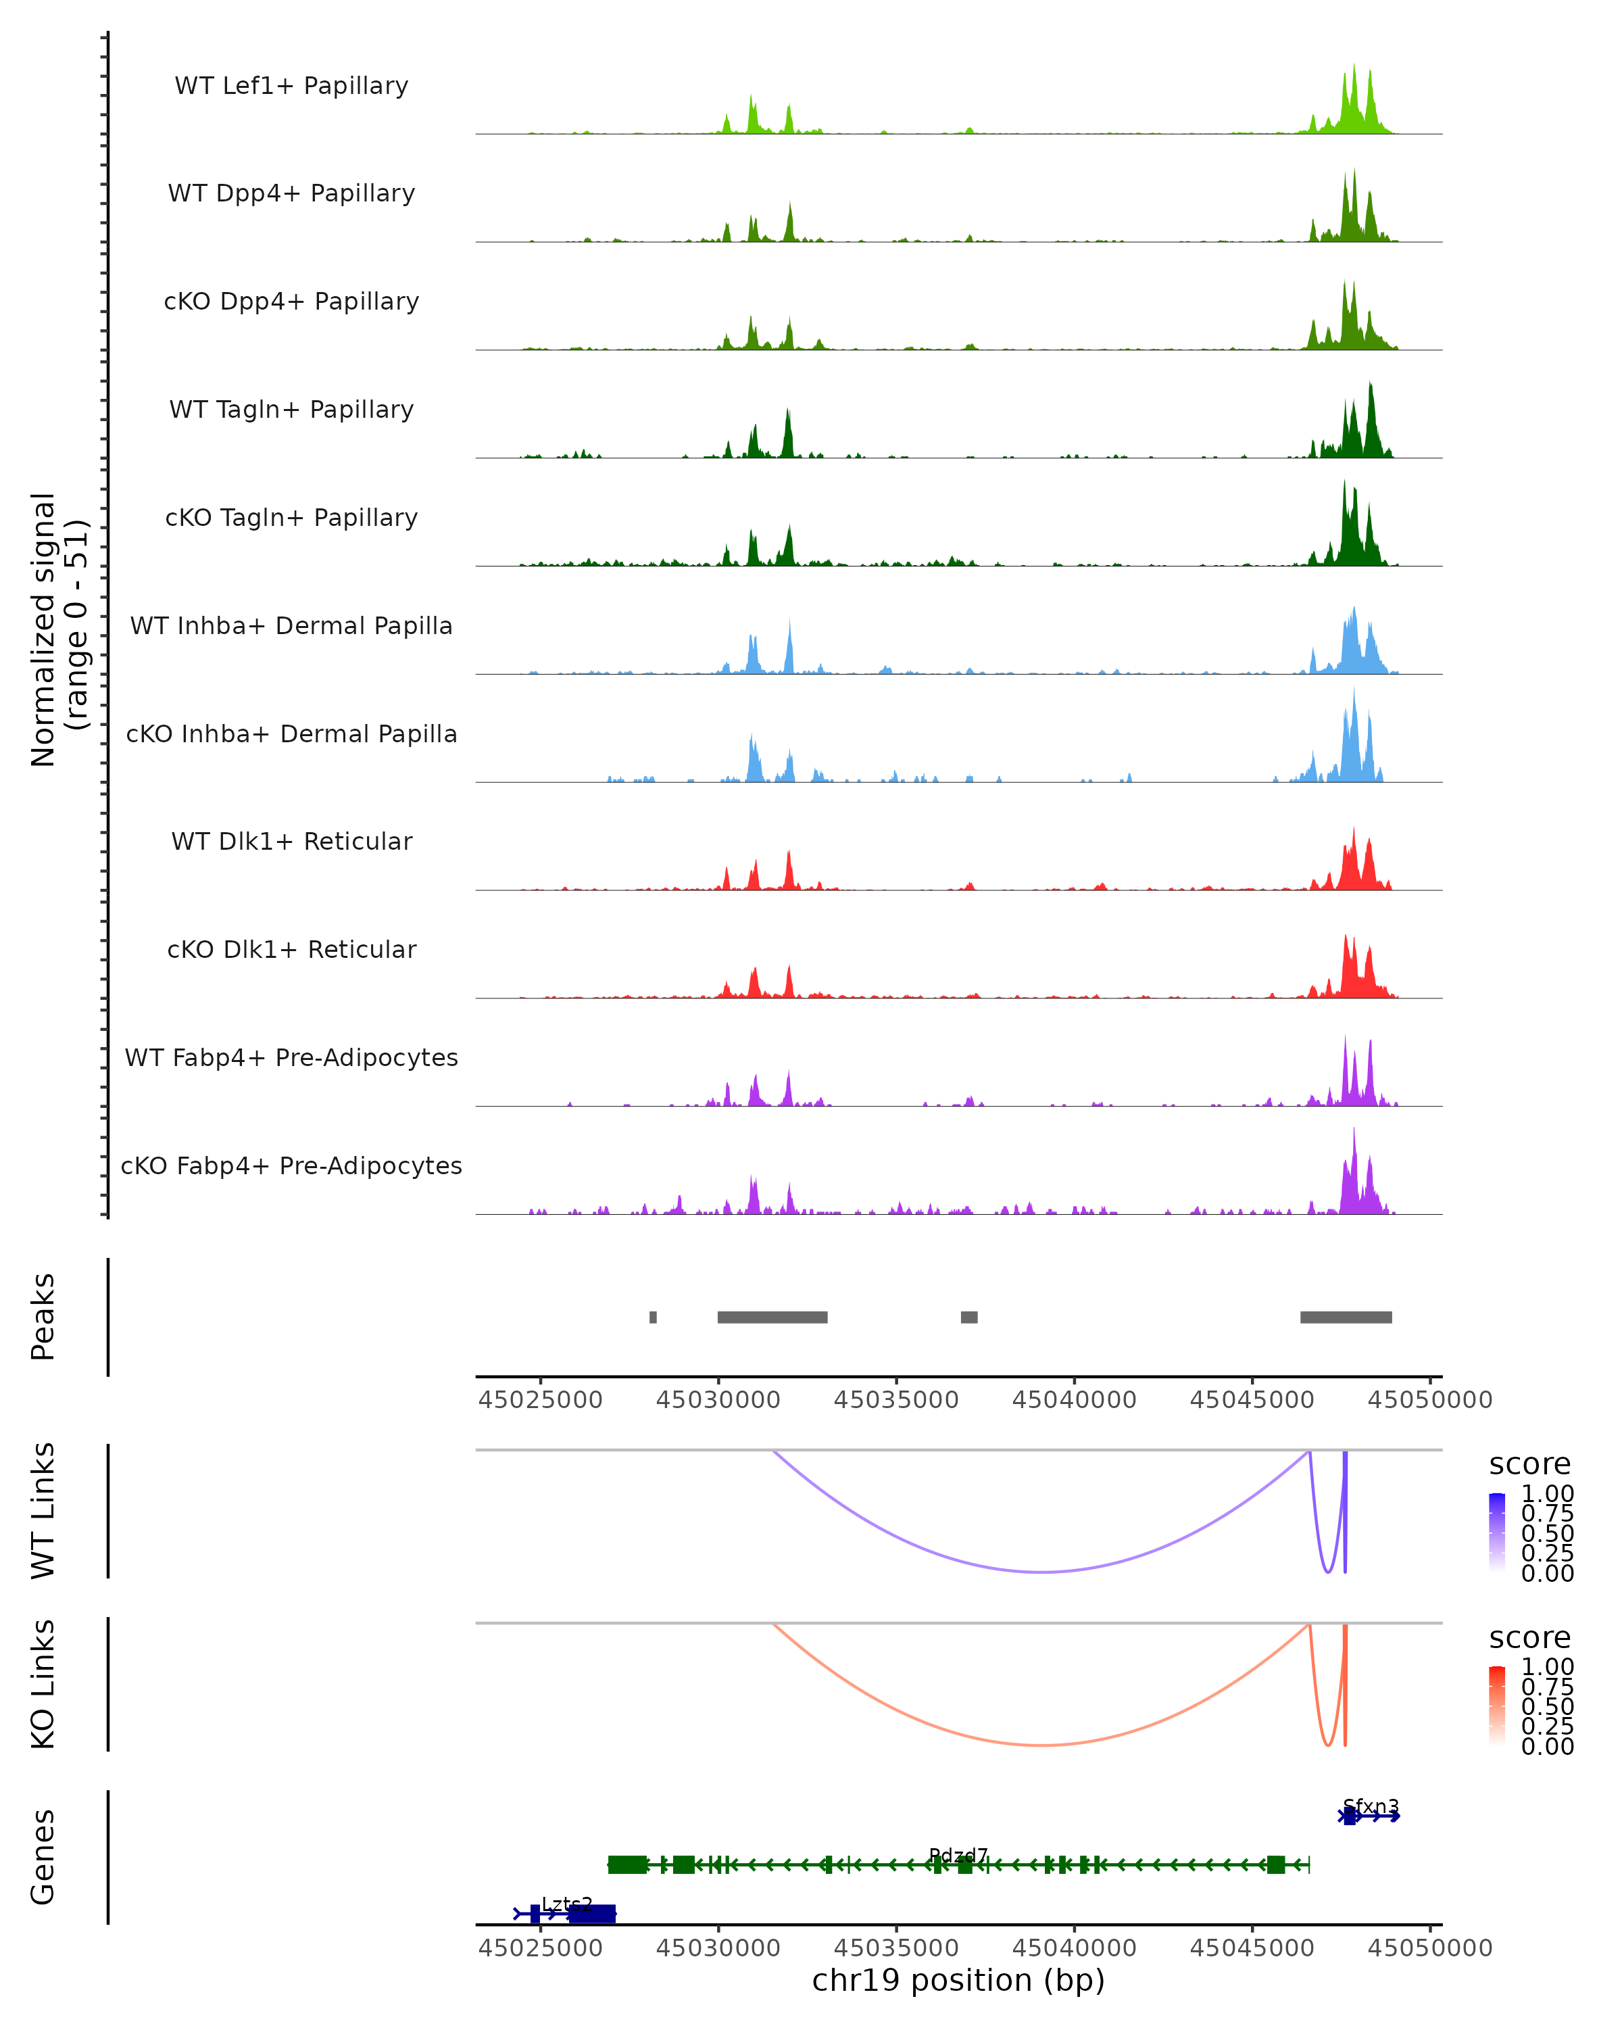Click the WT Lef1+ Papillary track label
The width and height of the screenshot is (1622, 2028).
[x=291, y=86]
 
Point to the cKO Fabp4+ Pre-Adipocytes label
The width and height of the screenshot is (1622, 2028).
[x=291, y=1165]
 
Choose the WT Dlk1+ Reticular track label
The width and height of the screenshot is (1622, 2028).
[x=291, y=841]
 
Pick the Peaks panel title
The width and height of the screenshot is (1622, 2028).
[x=43, y=1316]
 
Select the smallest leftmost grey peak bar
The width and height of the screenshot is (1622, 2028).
[x=653, y=1317]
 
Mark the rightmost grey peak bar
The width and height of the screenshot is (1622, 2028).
[x=1346, y=1317]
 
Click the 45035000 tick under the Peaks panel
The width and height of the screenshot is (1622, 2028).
[x=896, y=1400]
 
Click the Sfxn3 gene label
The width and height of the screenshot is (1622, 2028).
[x=1371, y=1806]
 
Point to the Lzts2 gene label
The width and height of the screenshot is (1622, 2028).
[x=567, y=1904]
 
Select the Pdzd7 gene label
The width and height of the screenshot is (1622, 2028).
[x=958, y=1855]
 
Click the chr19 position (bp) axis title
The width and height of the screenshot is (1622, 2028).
[x=958, y=1980]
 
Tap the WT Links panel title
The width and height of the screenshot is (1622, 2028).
[x=43, y=1511]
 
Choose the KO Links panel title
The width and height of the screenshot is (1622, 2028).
[x=43, y=1684]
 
